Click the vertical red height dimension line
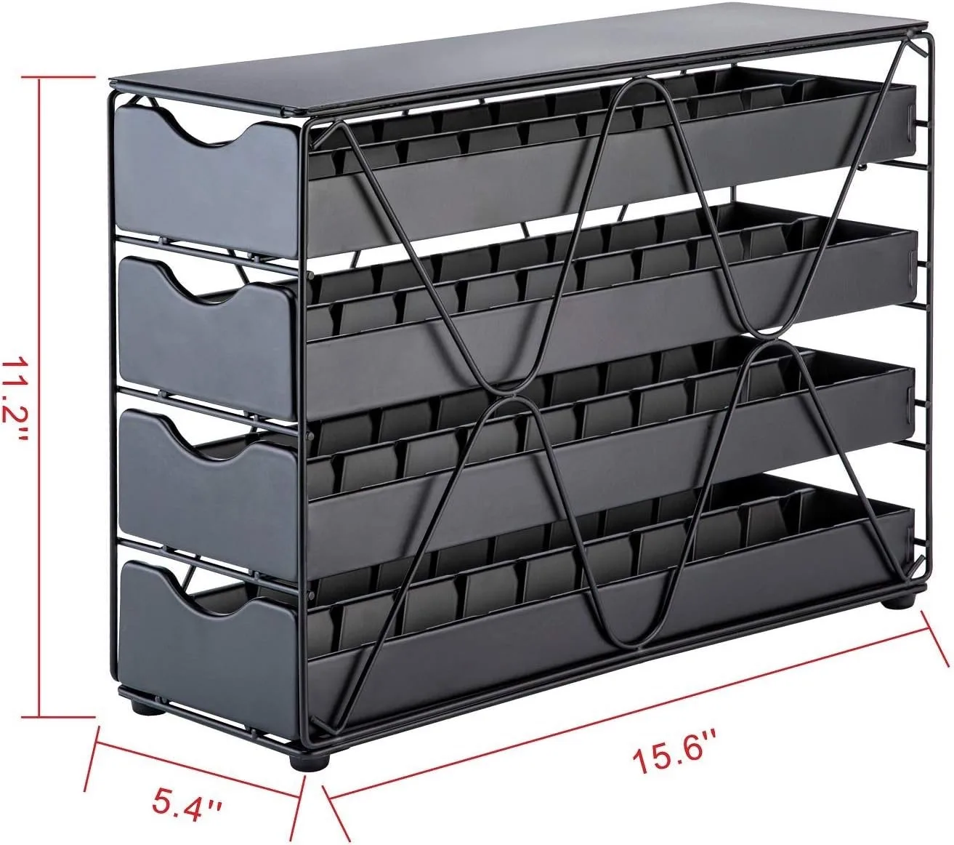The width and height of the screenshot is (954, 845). click(41, 396)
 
